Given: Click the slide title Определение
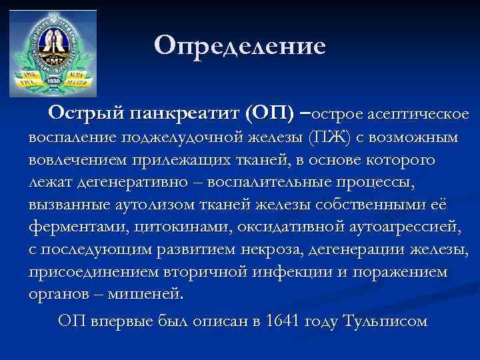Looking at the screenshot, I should pos(240,46).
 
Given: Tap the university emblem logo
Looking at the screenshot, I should pos(53,53).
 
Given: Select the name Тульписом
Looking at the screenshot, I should pos(383,321).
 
